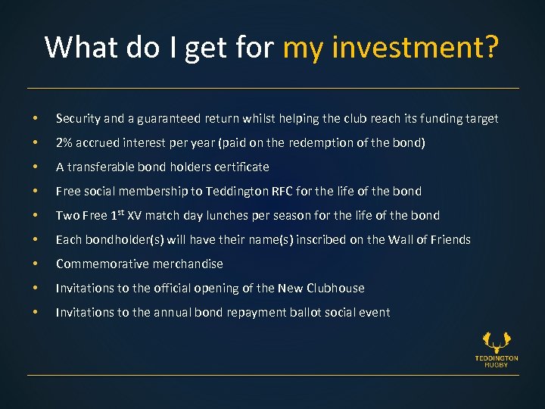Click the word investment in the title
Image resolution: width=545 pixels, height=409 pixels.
tap(410, 47)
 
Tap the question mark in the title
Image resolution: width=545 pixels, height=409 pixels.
tap(490, 47)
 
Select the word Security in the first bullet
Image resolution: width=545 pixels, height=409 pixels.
tap(78, 119)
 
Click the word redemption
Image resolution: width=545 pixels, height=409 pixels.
tap(327, 143)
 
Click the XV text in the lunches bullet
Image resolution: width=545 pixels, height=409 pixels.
tap(134, 216)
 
